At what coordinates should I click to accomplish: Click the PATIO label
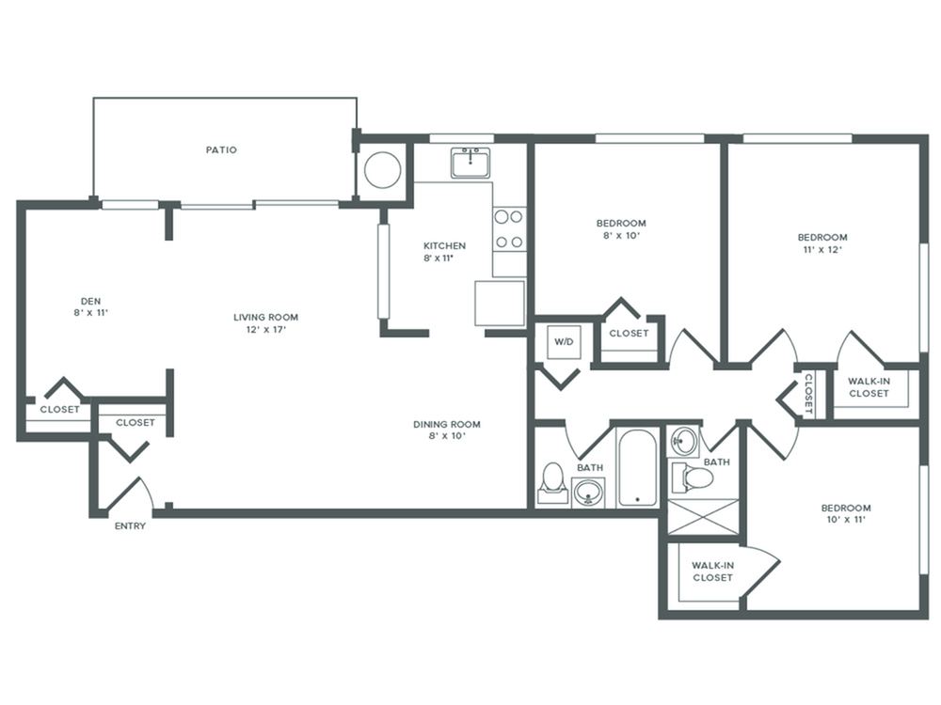point(221,149)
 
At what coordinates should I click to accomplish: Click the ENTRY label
point(130,526)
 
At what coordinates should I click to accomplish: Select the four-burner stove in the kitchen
point(509,228)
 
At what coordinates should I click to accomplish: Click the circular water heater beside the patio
point(383,171)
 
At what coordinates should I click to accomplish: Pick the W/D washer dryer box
point(563,342)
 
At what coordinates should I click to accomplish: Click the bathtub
point(638,468)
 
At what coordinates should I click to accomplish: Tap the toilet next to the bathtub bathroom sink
point(553,482)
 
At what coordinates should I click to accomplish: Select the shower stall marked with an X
point(705,516)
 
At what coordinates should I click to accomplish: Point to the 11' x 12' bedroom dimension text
point(822,250)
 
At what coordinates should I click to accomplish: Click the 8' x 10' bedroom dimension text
point(622,236)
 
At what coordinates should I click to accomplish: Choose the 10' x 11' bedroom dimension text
point(845,520)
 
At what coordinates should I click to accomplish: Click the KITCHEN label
point(444,246)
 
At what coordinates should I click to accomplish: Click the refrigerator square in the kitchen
point(500,303)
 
